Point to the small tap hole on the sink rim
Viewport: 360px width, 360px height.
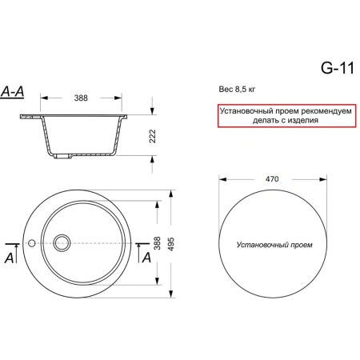(x=30, y=241)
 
